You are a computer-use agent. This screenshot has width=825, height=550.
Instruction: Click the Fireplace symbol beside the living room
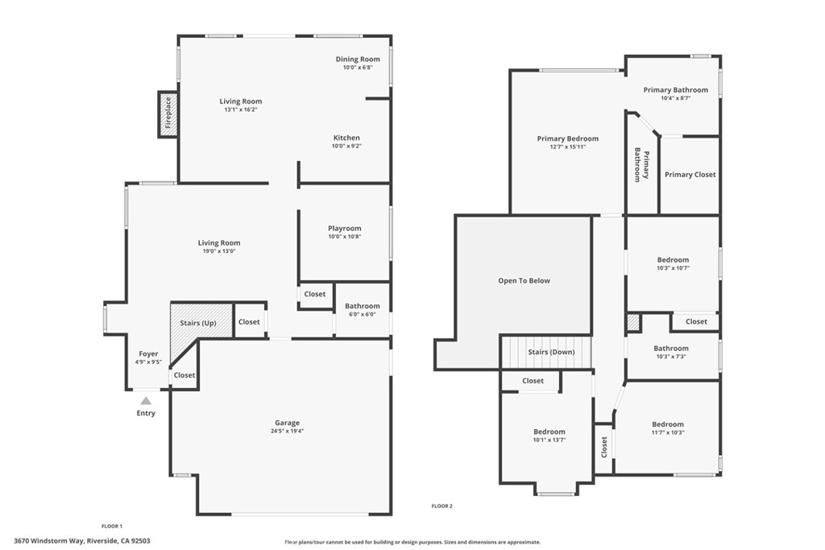pyautogui.click(x=168, y=114)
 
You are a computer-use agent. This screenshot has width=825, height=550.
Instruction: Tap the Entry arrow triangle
pyautogui.click(x=146, y=399)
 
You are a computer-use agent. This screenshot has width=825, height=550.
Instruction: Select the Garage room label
pyautogui.click(x=287, y=423)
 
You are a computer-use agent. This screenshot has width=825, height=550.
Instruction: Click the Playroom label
pyautogui.click(x=344, y=228)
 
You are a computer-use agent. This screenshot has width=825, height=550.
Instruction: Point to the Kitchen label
pyautogui.click(x=346, y=138)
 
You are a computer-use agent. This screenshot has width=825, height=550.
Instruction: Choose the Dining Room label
pyautogui.click(x=358, y=59)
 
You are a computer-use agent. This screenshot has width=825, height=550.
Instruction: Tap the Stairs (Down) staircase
pyautogui.click(x=547, y=352)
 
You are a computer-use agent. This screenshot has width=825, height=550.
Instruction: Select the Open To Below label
pyautogui.click(x=524, y=281)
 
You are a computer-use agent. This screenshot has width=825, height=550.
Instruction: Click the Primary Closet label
pyautogui.click(x=690, y=175)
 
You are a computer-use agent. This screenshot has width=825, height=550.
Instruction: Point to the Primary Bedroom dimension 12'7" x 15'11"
pyautogui.click(x=568, y=147)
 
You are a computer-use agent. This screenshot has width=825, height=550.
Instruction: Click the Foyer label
pyautogui.click(x=148, y=354)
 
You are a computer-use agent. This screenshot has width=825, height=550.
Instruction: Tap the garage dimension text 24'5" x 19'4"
pyautogui.click(x=287, y=431)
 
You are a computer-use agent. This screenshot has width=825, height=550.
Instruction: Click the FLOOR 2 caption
pyautogui.click(x=442, y=506)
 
